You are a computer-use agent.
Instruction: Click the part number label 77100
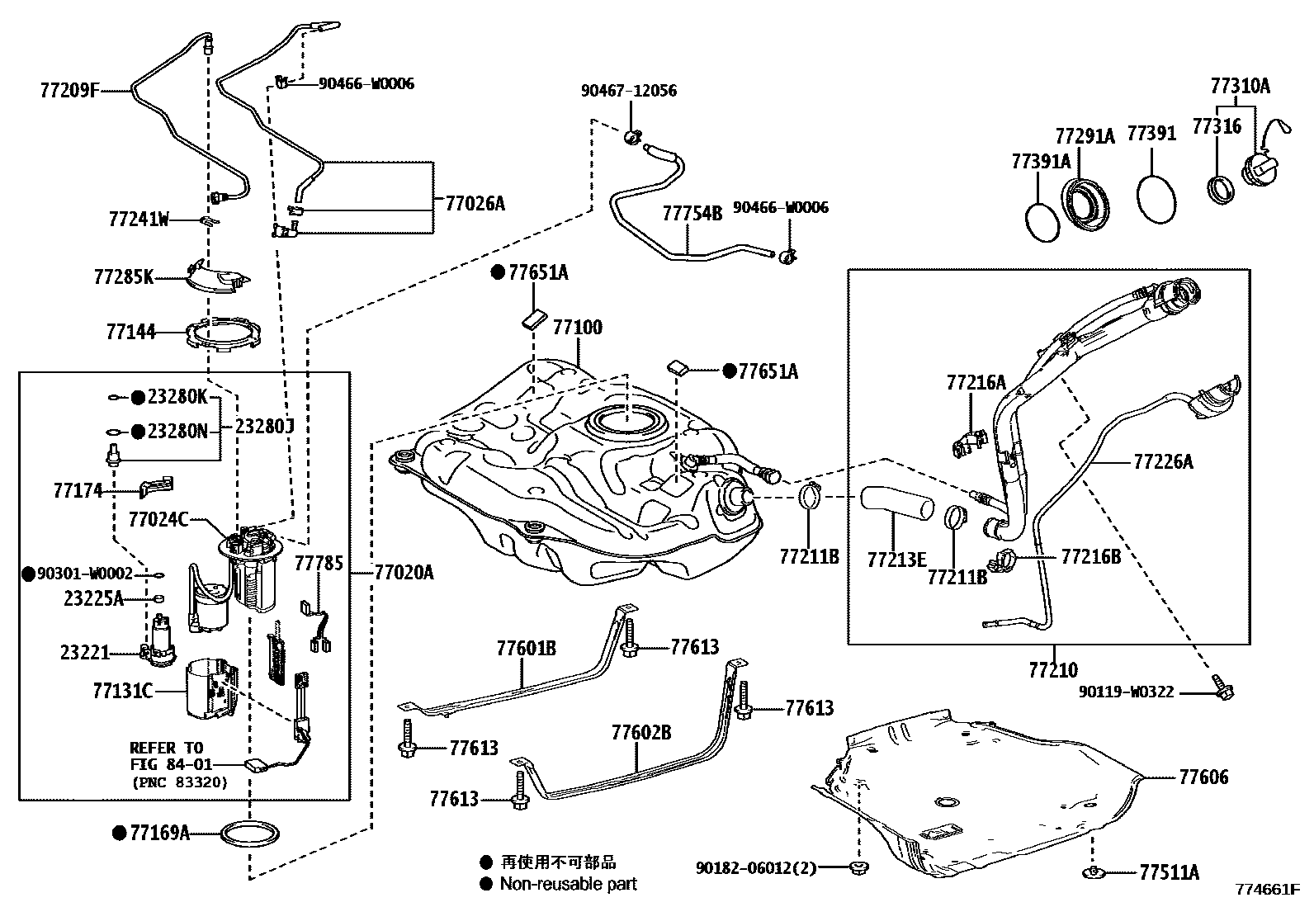pos(577,328)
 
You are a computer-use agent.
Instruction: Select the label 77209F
pos(68,89)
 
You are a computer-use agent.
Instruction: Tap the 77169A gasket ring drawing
pos(248,834)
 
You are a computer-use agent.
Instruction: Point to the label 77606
pos(1203,777)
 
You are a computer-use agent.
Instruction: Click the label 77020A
pos(404,572)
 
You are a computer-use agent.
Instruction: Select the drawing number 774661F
pos(1268,890)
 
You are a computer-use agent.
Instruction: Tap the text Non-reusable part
pos(568,884)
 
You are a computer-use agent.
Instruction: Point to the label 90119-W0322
pos(1126,692)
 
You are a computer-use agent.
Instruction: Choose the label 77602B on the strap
pos(640,732)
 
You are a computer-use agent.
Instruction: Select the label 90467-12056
pos(628,90)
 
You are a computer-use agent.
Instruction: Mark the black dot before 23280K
pos(138,398)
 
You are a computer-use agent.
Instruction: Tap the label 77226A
pos(1163,461)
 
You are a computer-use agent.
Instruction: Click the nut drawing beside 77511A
pos(1093,872)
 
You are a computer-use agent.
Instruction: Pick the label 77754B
pos(692,214)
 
